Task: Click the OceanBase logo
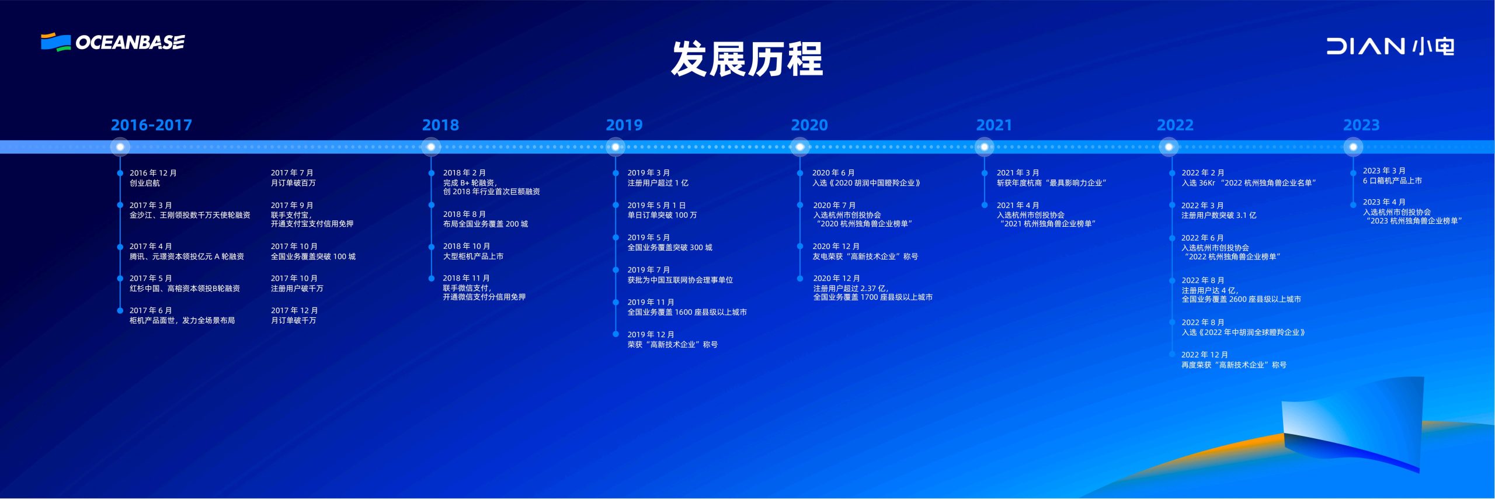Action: click(113, 42)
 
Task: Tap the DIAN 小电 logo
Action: click(1390, 46)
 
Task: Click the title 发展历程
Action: click(747, 58)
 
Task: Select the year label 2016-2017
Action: click(151, 125)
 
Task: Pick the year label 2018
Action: click(440, 125)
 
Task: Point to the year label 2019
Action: click(624, 125)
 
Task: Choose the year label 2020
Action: click(809, 125)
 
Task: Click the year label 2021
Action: click(994, 125)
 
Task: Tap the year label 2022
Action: click(1175, 125)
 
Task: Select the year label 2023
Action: click(1361, 125)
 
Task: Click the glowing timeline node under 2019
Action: click(616, 147)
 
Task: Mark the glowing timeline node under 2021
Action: click(985, 147)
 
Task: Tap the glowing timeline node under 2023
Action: click(1353, 147)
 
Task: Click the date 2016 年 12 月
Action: click(153, 173)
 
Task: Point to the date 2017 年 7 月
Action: click(292, 173)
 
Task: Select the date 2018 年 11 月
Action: click(466, 278)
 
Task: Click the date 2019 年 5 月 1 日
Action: click(656, 205)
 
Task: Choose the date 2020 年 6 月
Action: click(833, 173)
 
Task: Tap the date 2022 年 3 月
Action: click(1202, 206)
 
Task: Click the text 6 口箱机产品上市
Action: click(1392, 181)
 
